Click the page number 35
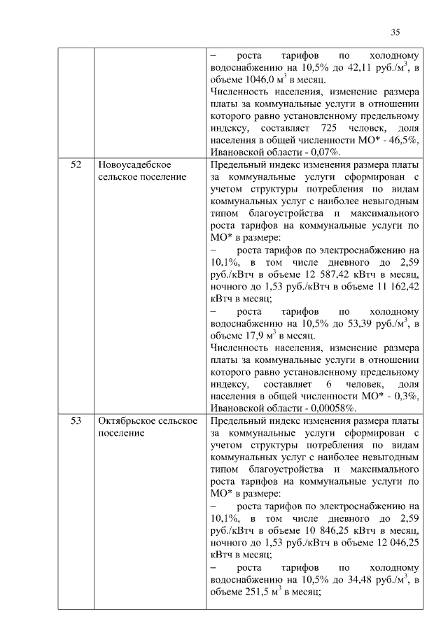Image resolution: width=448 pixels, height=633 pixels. tap(395, 32)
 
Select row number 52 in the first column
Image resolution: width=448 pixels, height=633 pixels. tap(76, 165)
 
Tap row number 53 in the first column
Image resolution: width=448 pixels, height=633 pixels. tap(76, 421)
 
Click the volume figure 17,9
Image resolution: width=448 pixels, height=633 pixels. tap(250, 336)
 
